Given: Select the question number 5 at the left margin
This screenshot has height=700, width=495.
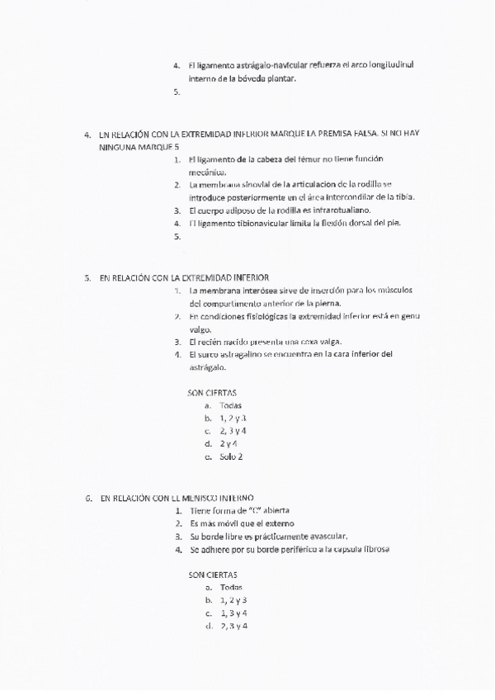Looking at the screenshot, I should click(x=88, y=278).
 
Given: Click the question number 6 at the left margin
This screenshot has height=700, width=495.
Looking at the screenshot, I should click(x=88, y=499).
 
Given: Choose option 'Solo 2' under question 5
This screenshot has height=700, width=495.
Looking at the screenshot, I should click(x=231, y=456).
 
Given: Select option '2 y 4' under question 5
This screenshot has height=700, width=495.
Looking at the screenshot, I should click(x=229, y=443).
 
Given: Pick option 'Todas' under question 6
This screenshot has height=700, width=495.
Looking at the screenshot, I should click(x=232, y=587).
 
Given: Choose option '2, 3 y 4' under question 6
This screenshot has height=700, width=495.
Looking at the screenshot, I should click(x=234, y=627).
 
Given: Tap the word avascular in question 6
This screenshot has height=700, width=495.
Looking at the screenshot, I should click(x=328, y=536).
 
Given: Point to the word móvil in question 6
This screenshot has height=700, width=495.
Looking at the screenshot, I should click(x=238, y=523).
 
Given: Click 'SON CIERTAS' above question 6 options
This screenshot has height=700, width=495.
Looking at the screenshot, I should click(x=213, y=574).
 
